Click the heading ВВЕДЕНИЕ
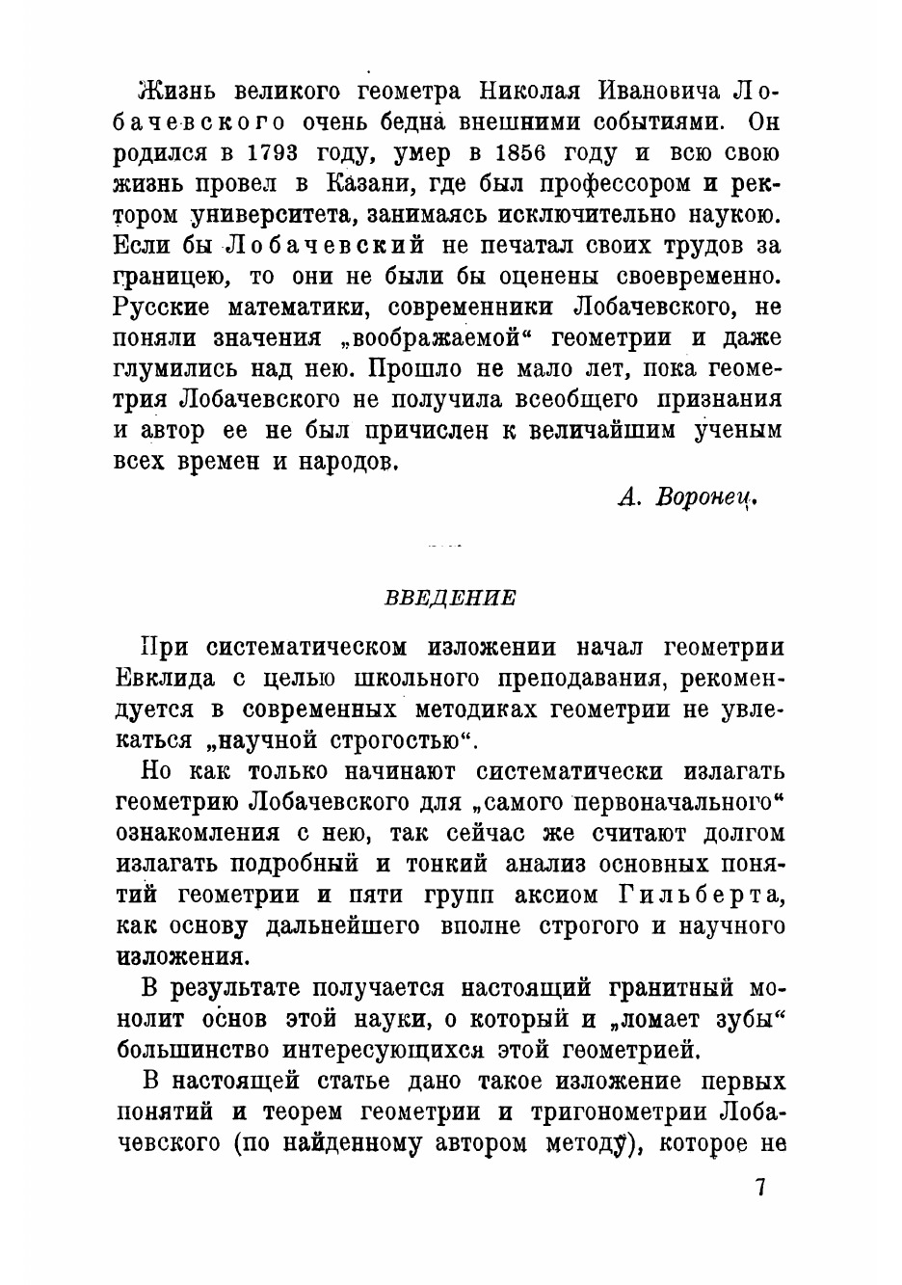[x=451, y=598]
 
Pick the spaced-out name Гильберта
[x=697, y=895]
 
